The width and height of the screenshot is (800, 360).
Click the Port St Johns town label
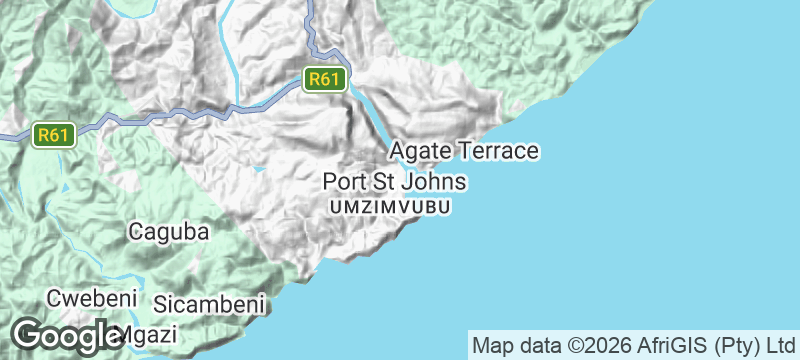click(x=394, y=182)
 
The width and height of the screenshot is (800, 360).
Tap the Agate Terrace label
click(x=464, y=151)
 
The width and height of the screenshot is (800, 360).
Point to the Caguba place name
click(x=169, y=232)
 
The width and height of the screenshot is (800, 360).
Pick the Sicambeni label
click(x=208, y=303)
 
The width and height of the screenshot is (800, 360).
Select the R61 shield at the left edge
click(x=54, y=134)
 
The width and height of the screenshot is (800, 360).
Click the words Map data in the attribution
click(x=517, y=345)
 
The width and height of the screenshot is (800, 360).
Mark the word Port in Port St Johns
click(x=344, y=182)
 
